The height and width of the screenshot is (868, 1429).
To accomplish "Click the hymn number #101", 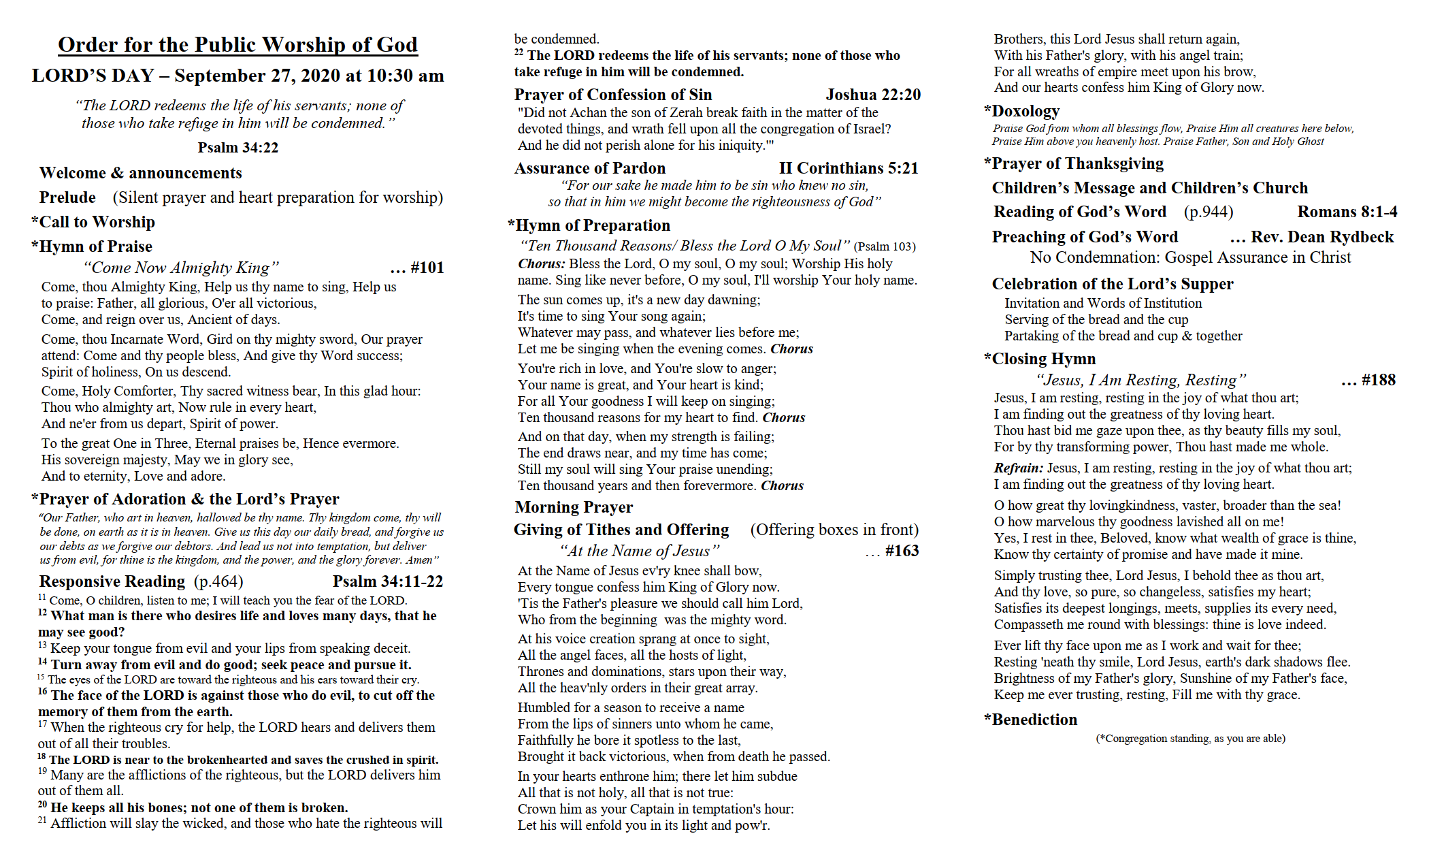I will (x=427, y=268).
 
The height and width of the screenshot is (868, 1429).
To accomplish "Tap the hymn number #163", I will (x=902, y=551).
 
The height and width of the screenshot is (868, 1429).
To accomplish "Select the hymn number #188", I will (x=1378, y=380).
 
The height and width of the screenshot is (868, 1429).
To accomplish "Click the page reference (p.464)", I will (x=218, y=581).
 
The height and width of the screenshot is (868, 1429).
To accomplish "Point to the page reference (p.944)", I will (x=1209, y=212).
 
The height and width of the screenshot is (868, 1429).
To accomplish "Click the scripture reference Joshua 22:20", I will (x=873, y=95).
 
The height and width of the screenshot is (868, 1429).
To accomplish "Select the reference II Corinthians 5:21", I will (x=849, y=168).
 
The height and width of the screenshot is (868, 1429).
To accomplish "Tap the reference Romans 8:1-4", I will (x=1347, y=212).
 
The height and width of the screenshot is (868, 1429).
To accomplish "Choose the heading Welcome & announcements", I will (x=141, y=173).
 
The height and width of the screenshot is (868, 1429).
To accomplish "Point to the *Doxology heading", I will (x=1022, y=111).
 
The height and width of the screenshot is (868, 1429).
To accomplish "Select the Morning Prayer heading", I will (x=574, y=507).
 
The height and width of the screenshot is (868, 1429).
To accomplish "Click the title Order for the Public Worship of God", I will (x=237, y=45).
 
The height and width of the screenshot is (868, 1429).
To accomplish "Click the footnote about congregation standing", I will (x=1190, y=739).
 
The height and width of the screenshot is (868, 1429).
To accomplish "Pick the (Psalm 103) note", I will (x=885, y=246).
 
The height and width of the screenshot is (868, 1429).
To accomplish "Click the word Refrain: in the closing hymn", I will (x=1018, y=468).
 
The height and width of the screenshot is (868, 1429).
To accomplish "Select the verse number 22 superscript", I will (x=519, y=52).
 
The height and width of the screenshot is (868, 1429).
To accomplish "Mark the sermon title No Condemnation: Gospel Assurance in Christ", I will (x=1190, y=257).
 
